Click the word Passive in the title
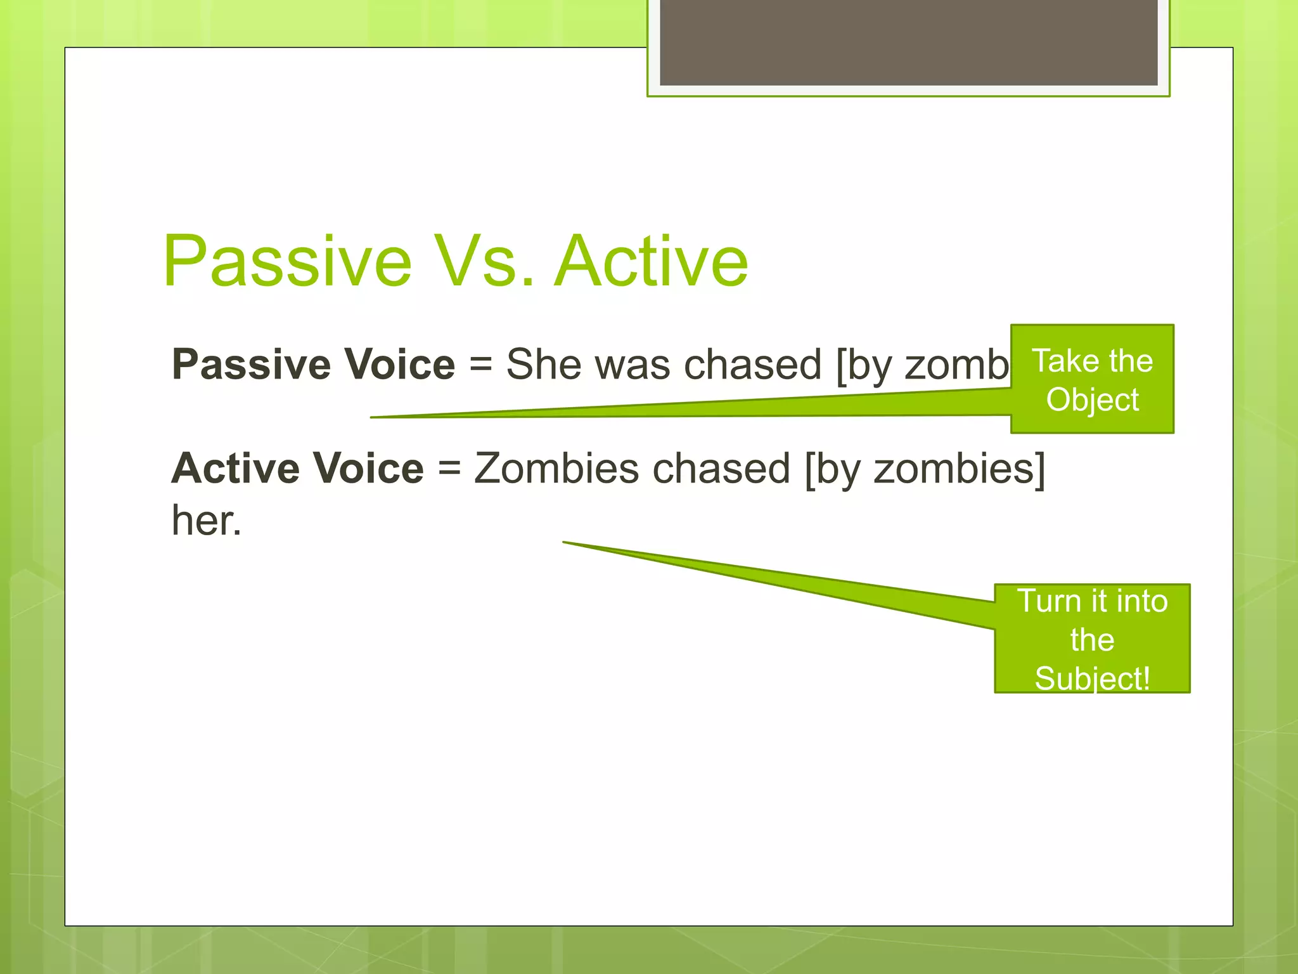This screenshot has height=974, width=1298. tap(287, 261)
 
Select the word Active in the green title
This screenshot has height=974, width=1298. tap(651, 261)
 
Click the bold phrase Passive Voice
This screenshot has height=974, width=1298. tap(313, 365)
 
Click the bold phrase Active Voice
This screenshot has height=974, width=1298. tap(297, 469)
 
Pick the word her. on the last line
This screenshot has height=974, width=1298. tap(207, 521)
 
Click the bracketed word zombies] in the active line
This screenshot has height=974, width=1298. tap(960, 469)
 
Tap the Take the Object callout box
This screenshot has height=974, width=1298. tap(1091, 379)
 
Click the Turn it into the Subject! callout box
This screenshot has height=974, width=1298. tap(1091, 638)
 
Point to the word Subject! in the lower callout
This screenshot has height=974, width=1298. tap(1091, 678)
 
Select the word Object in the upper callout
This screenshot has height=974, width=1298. tap(1092, 400)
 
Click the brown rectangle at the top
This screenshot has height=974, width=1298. tap(908, 42)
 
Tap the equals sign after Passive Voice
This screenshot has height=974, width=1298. tap(480, 366)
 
